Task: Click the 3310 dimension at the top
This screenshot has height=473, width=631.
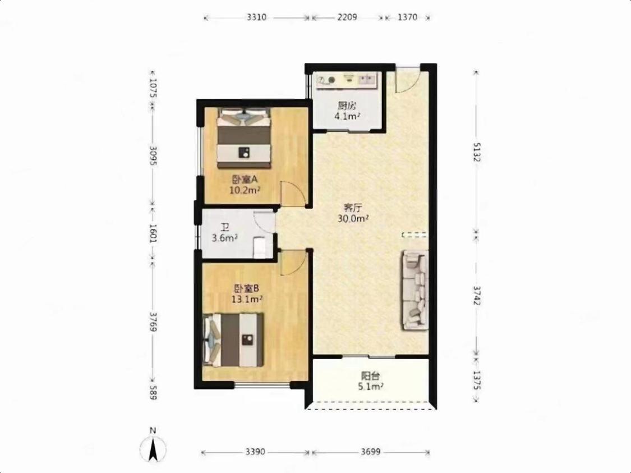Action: (256, 17)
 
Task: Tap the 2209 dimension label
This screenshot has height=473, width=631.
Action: (347, 17)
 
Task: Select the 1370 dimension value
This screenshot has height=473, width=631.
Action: (407, 17)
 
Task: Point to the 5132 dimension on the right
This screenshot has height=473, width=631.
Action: (476, 151)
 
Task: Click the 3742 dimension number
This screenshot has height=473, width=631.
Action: (476, 296)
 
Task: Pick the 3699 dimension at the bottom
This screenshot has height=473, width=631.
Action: (370, 452)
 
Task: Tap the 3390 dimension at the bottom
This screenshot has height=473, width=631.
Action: (255, 452)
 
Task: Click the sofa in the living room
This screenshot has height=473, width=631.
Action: (414, 290)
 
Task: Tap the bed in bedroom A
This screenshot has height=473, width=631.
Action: (244, 138)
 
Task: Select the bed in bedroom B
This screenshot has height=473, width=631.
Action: (233, 340)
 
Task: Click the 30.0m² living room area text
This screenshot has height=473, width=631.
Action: (354, 219)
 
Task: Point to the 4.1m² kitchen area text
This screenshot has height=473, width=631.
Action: (347, 116)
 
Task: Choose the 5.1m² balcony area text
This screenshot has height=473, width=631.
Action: (370, 387)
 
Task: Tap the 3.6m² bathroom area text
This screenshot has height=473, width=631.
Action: (224, 238)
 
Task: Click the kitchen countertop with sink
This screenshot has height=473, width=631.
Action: (347, 79)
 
